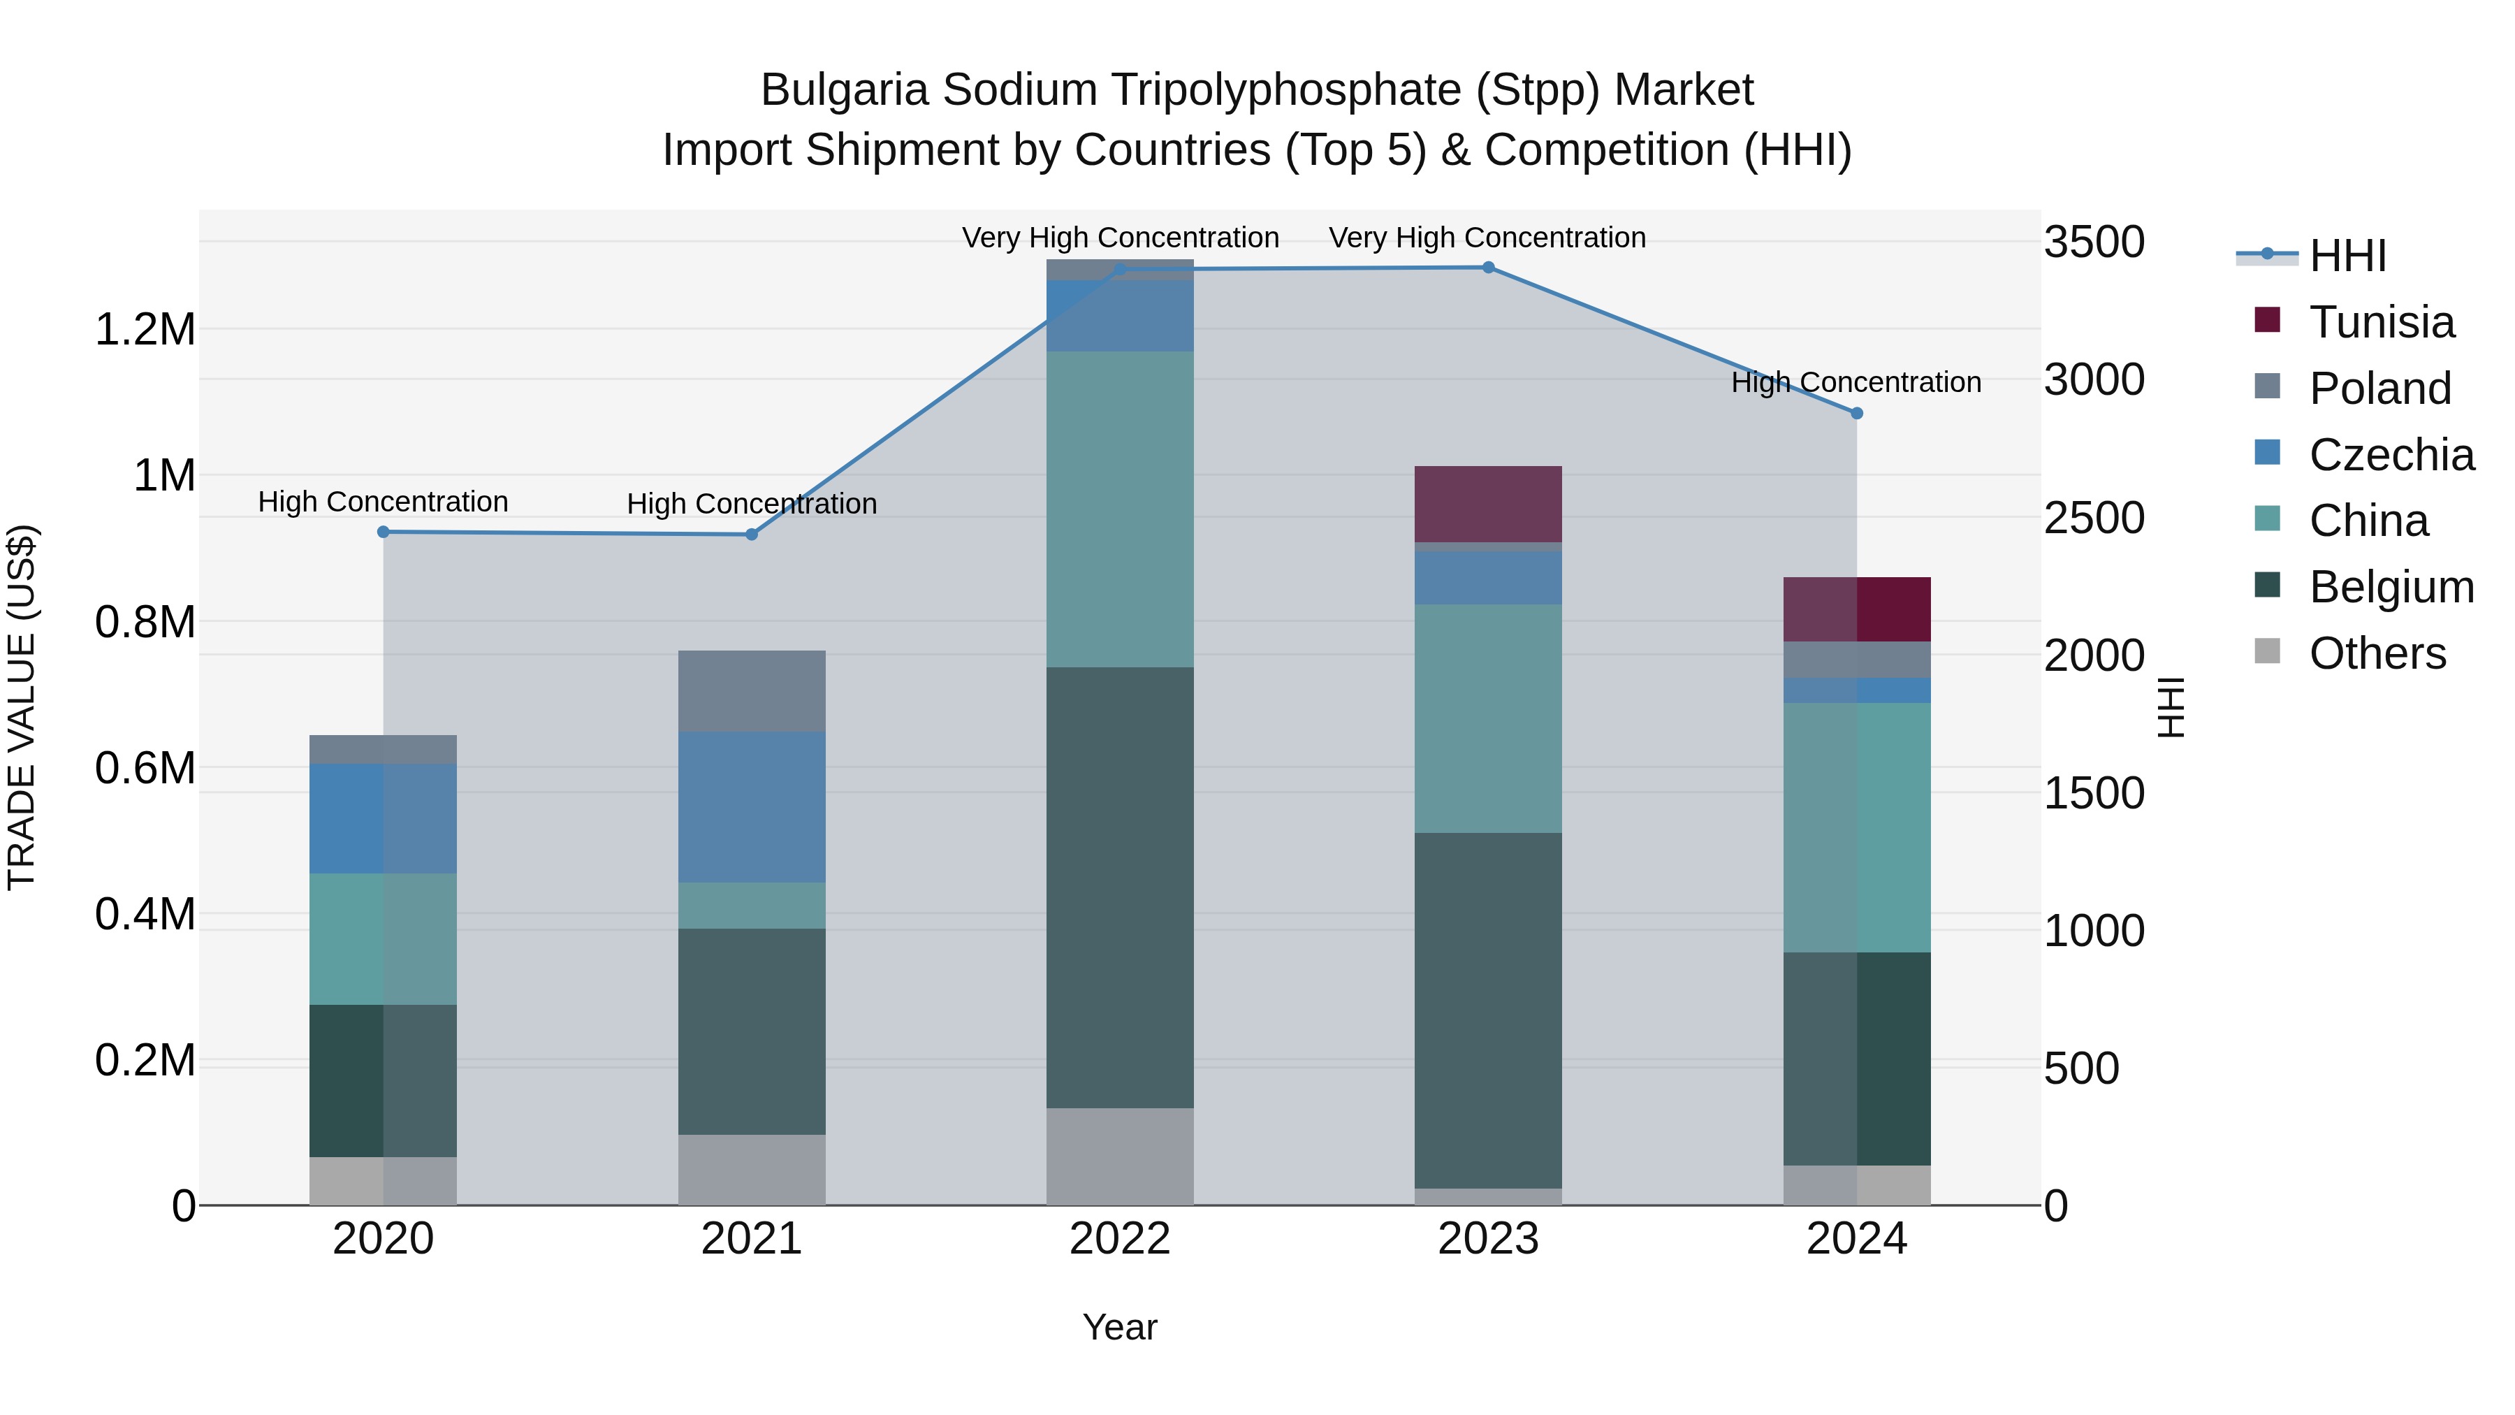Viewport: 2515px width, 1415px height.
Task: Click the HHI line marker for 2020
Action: pos(383,532)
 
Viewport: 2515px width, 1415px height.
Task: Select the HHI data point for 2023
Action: pos(1488,268)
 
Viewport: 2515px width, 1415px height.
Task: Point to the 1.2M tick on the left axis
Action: pos(145,330)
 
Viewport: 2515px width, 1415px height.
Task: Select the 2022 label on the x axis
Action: pos(1120,1239)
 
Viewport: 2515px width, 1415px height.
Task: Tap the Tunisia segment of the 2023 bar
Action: pos(1488,504)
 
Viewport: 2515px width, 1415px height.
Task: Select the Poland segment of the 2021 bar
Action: pos(752,690)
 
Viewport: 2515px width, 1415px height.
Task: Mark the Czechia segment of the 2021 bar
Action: pos(752,806)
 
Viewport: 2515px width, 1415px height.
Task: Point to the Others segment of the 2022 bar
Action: pos(1120,1156)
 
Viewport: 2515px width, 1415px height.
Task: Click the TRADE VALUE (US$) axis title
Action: pos(22,707)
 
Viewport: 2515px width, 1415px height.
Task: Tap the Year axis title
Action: pos(1120,1327)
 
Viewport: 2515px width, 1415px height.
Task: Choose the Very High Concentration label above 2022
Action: pos(1120,238)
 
